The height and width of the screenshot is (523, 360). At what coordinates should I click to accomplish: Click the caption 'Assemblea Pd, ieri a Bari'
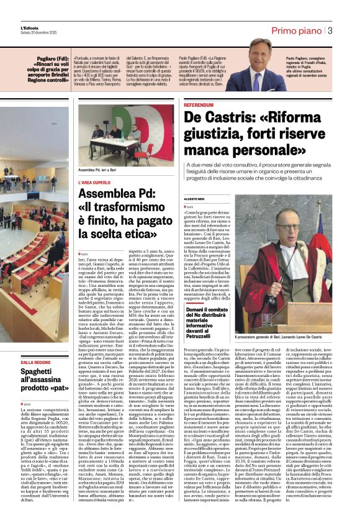pyautogui.click(x=102, y=169)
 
